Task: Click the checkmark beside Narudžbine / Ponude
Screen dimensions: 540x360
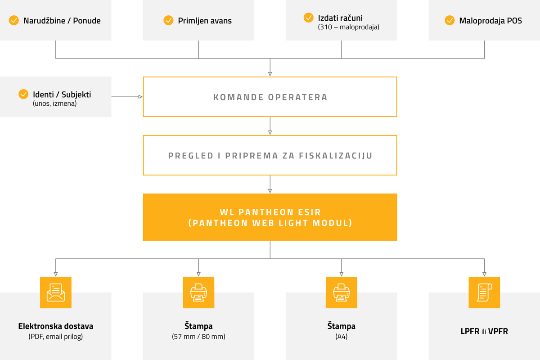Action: click(x=14, y=20)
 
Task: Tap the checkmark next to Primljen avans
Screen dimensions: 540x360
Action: click(x=168, y=20)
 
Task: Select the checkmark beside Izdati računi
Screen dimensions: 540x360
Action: click(x=308, y=18)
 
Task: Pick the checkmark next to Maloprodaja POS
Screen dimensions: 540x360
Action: click(x=450, y=20)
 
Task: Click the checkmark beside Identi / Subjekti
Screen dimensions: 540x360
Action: click(x=23, y=94)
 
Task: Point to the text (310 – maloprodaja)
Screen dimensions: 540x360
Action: click(x=348, y=27)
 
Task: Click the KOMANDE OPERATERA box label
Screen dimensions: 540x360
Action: click(x=270, y=97)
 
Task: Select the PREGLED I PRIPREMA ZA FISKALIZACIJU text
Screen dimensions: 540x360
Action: click(x=270, y=156)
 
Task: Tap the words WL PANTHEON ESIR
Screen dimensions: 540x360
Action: click(x=270, y=212)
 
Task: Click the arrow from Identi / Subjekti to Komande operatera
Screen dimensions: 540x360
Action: click(x=127, y=97)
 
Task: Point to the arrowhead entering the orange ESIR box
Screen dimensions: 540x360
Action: click(x=270, y=191)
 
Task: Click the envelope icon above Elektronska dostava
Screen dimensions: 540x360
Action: click(x=56, y=292)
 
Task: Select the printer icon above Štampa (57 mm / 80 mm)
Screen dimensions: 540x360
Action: click(x=198, y=292)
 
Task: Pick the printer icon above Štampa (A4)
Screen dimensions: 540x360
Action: click(x=342, y=292)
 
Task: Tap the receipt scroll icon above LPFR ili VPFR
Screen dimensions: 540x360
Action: click(x=484, y=292)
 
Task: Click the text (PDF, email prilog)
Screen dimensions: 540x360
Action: click(x=56, y=336)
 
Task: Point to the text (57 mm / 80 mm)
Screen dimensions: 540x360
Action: click(x=198, y=336)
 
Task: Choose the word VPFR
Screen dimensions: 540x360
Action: click(x=498, y=331)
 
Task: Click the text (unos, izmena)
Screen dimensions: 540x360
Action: click(x=55, y=103)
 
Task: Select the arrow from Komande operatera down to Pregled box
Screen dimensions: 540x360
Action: click(x=270, y=126)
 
